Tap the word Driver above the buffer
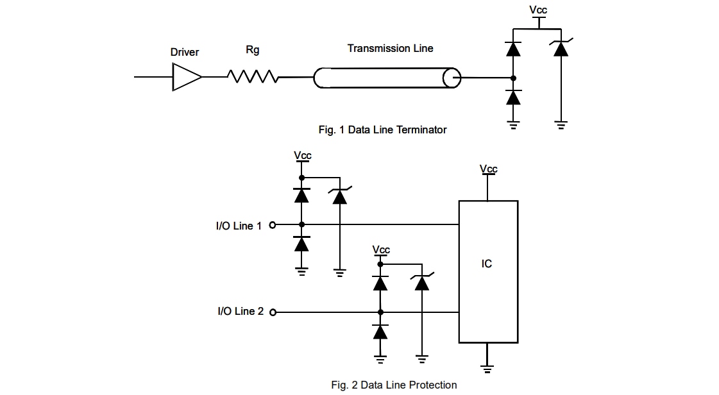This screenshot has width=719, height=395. (x=185, y=52)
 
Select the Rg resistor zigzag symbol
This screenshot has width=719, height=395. (x=253, y=77)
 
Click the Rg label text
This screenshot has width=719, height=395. (x=253, y=50)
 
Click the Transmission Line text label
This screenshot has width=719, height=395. (x=390, y=48)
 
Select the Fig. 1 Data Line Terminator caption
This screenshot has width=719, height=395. (x=382, y=130)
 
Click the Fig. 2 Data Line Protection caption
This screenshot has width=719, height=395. (x=394, y=385)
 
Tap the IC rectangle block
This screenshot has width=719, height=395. (x=487, y=271)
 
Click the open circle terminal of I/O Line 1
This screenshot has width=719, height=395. (x=273, y=225)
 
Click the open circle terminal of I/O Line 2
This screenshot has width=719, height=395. (x=273, y=312)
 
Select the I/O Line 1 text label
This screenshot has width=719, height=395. (x=239, y=226)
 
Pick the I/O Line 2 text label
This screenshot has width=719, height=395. (x=240, y=312)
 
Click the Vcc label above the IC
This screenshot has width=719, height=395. (x=488, y=169)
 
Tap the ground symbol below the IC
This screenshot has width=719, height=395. (x=487, y=368)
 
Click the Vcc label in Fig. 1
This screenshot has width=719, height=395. (x=538, y=10)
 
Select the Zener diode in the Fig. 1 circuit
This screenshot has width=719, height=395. (x=561, y=49)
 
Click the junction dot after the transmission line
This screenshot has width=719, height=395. (x=513, y=78)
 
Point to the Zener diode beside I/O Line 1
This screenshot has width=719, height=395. (x=340, y=196)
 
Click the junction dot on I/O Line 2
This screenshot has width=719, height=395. (x=380, y=312)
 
